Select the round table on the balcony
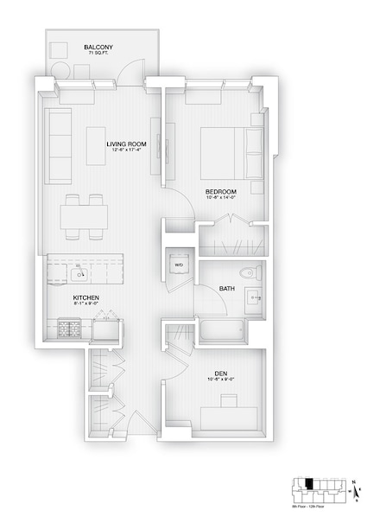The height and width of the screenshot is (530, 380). coord(63,70)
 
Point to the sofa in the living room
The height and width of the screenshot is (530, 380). coord(59,143)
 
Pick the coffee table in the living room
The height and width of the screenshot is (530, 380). coord(95,145)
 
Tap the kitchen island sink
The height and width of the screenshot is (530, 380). coord(78,275)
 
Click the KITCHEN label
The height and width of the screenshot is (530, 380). coord(86,297)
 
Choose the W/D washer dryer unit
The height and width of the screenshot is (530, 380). coord(180,265)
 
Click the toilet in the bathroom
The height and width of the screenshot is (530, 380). coord(249,272)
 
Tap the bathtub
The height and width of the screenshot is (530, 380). coord(222,330)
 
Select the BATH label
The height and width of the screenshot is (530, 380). coord(227,288)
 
